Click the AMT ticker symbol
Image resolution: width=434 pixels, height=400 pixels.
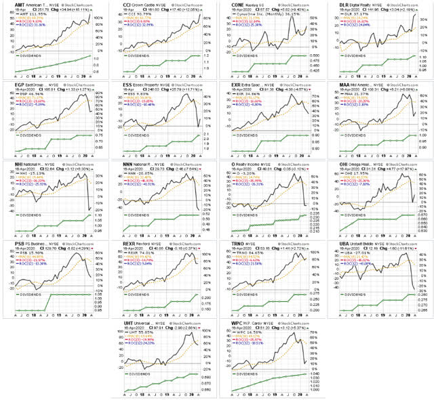[11, 4]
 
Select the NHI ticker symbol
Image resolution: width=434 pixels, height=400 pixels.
[10, 164]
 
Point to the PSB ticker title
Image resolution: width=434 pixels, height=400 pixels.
[11, 243]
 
